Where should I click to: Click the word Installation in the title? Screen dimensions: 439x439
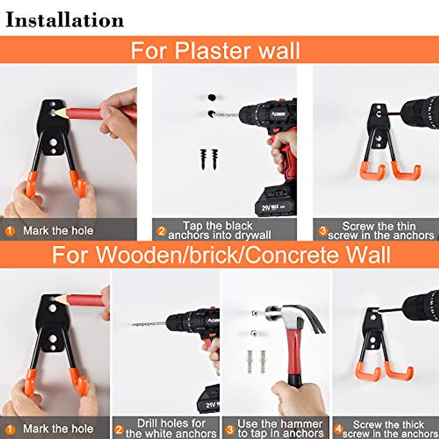[65, 20]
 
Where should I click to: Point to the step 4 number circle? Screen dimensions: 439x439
[338, 429]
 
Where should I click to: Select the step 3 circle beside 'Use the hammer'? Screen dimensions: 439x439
[230, 429]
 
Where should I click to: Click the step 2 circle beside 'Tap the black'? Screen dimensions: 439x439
[161, 231]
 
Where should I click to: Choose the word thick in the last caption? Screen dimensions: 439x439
[410, 424]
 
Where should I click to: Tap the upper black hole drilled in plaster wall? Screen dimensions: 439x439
[211, 98]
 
